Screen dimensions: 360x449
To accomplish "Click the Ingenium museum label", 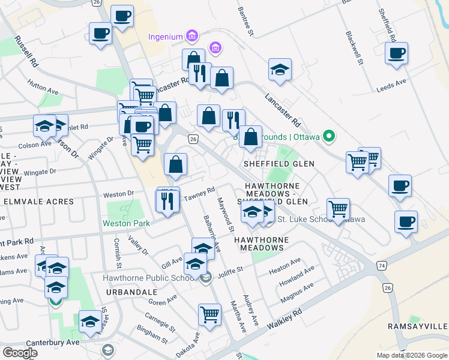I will pos(165,37).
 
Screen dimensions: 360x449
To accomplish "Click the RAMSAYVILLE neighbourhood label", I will pos(423,326).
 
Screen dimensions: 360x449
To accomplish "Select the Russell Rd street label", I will pos(28,52).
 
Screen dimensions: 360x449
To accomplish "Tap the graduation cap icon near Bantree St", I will pos(280,70).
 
